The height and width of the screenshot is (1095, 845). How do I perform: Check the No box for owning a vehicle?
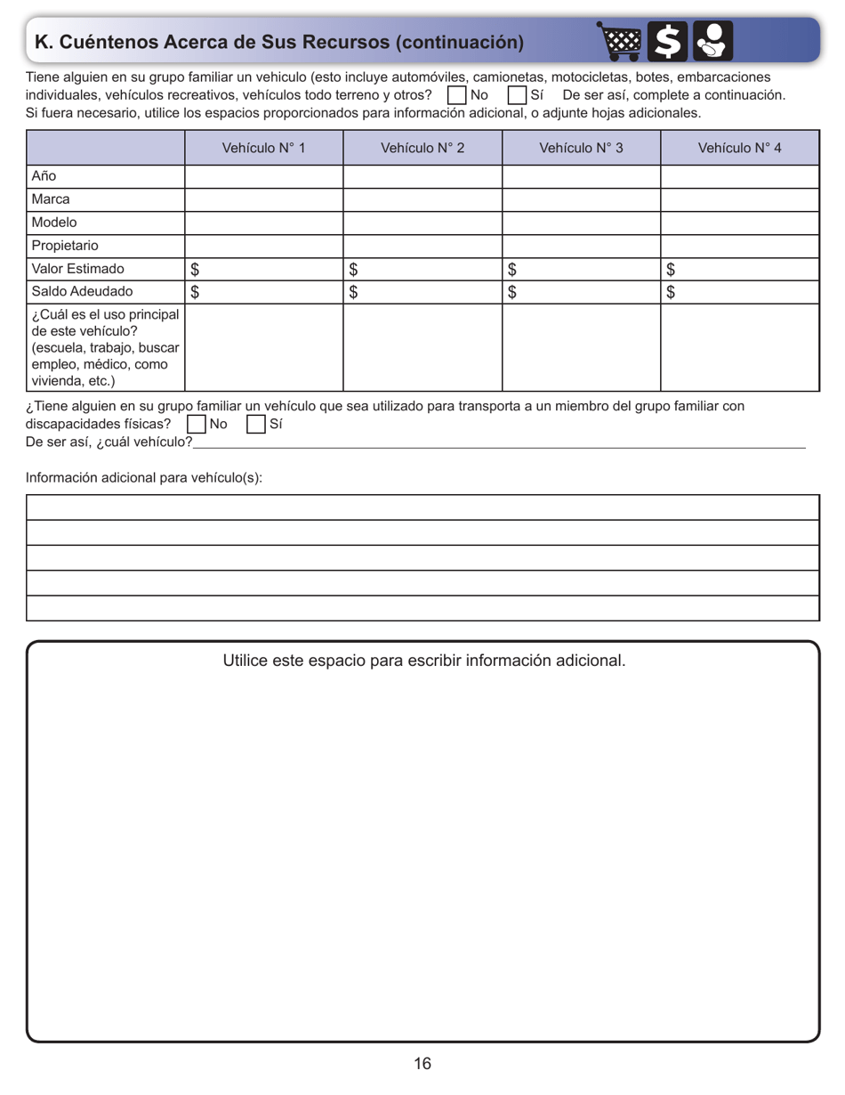click(456, 94)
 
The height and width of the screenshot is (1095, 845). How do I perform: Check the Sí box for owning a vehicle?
click(517, 94)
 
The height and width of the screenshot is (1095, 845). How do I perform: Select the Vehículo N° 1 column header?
click(263, 148)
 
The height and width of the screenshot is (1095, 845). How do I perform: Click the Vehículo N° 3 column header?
click(581, 148)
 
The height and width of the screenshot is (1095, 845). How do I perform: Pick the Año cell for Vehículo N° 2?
click(422, 176)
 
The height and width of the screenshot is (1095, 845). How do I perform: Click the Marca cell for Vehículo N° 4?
click(739, 199)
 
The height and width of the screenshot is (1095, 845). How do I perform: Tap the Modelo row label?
click(55, 223)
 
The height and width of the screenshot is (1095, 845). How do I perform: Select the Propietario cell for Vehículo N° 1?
click(263, 246)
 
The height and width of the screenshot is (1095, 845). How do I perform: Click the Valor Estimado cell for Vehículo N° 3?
click(581, 269)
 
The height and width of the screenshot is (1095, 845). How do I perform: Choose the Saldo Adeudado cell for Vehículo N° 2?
click(422, 292)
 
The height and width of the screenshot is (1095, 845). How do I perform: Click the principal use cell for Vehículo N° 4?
click(739, 347)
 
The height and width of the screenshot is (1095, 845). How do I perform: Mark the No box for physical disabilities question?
click(196, 425)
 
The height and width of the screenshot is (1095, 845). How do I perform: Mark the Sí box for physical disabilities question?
click(255, 425)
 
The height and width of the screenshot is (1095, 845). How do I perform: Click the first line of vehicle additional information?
click(422, 507)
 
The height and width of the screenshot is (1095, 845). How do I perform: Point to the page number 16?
click(422, 1064)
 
